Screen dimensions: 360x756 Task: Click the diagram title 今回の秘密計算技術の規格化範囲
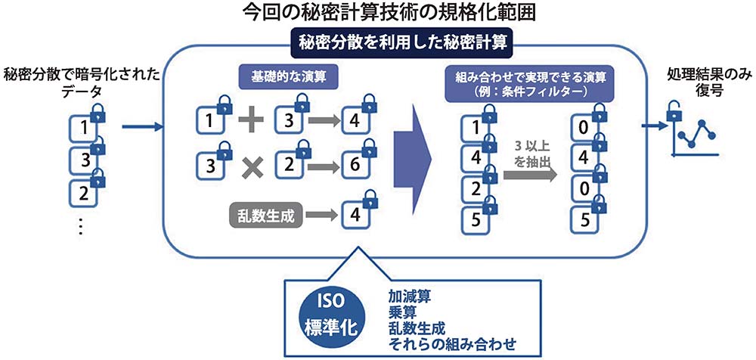[x=378, y=13]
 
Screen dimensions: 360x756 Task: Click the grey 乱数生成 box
[x=265, y=216]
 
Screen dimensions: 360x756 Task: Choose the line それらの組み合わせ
[x=451, y=345]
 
